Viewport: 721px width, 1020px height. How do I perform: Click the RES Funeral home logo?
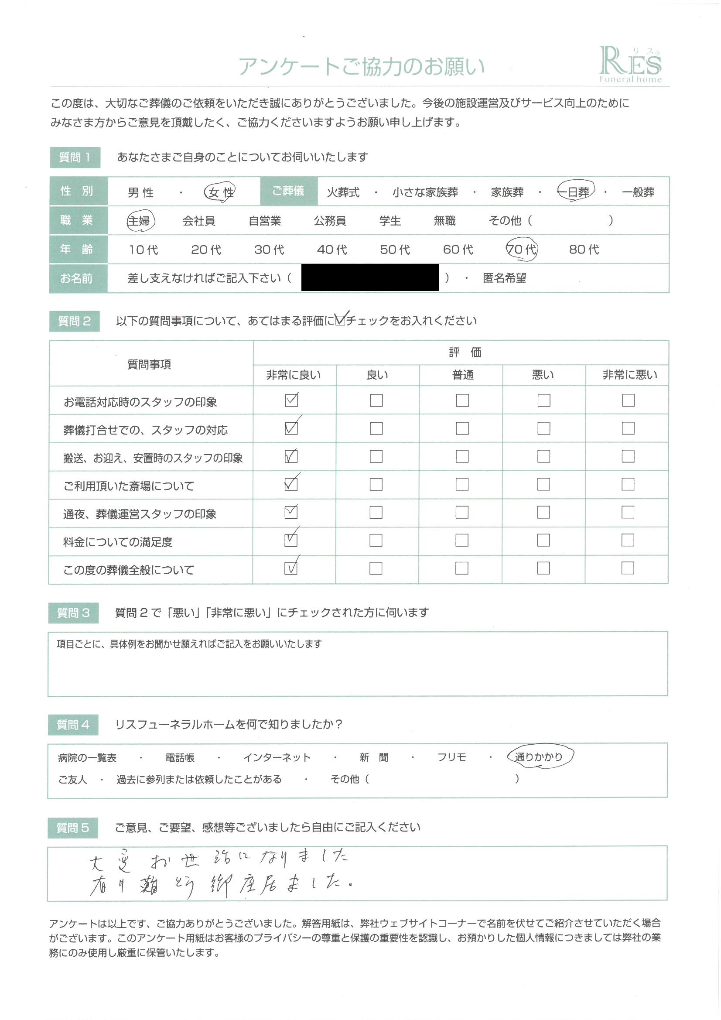tap(630, 65)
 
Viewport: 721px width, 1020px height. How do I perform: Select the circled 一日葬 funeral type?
tap(576, 192)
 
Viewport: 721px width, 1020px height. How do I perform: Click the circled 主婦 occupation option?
tap(140, 221)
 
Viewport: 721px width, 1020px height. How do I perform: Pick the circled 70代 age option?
tap(522, 249)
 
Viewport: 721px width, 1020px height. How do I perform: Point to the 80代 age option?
tap(584, 250)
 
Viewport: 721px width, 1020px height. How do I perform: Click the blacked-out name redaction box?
tap(369, 277)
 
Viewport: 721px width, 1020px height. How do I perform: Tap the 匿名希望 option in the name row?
tap(504, 278)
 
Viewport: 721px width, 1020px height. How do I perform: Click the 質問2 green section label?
tap(75, 321)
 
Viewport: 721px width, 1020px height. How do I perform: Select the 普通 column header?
tap(462, 375)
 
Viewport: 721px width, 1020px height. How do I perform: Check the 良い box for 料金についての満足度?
tap(376, 540)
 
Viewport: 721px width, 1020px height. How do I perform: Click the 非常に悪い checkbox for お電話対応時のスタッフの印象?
tap(628, 400)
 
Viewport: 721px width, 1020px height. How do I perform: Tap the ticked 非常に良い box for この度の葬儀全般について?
tap(290, 568)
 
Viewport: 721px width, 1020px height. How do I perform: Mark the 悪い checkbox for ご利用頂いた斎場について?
tap(543, 484)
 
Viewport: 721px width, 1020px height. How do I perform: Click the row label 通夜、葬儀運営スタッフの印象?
tap(140, 514)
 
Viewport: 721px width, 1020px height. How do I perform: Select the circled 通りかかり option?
tap(539, 756)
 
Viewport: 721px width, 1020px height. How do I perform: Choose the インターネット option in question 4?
tap(277, 757)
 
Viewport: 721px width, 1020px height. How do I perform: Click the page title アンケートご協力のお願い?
tap(361, 66)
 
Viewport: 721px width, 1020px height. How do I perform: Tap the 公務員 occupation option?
tap(330, 221)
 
